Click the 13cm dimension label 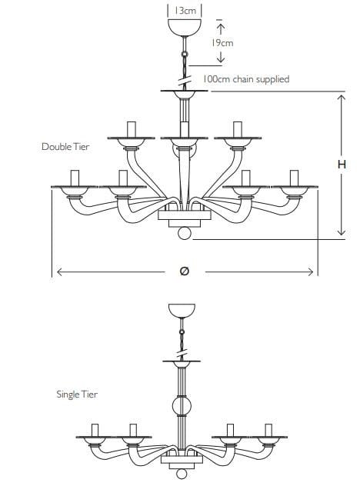185,11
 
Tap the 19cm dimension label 222,43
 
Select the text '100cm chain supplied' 246,79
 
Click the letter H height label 342,165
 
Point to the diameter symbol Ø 184,271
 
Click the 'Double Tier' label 65,147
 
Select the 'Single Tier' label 77,394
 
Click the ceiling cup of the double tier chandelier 185,27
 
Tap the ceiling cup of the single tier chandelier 182,311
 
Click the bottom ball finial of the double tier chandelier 185,234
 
